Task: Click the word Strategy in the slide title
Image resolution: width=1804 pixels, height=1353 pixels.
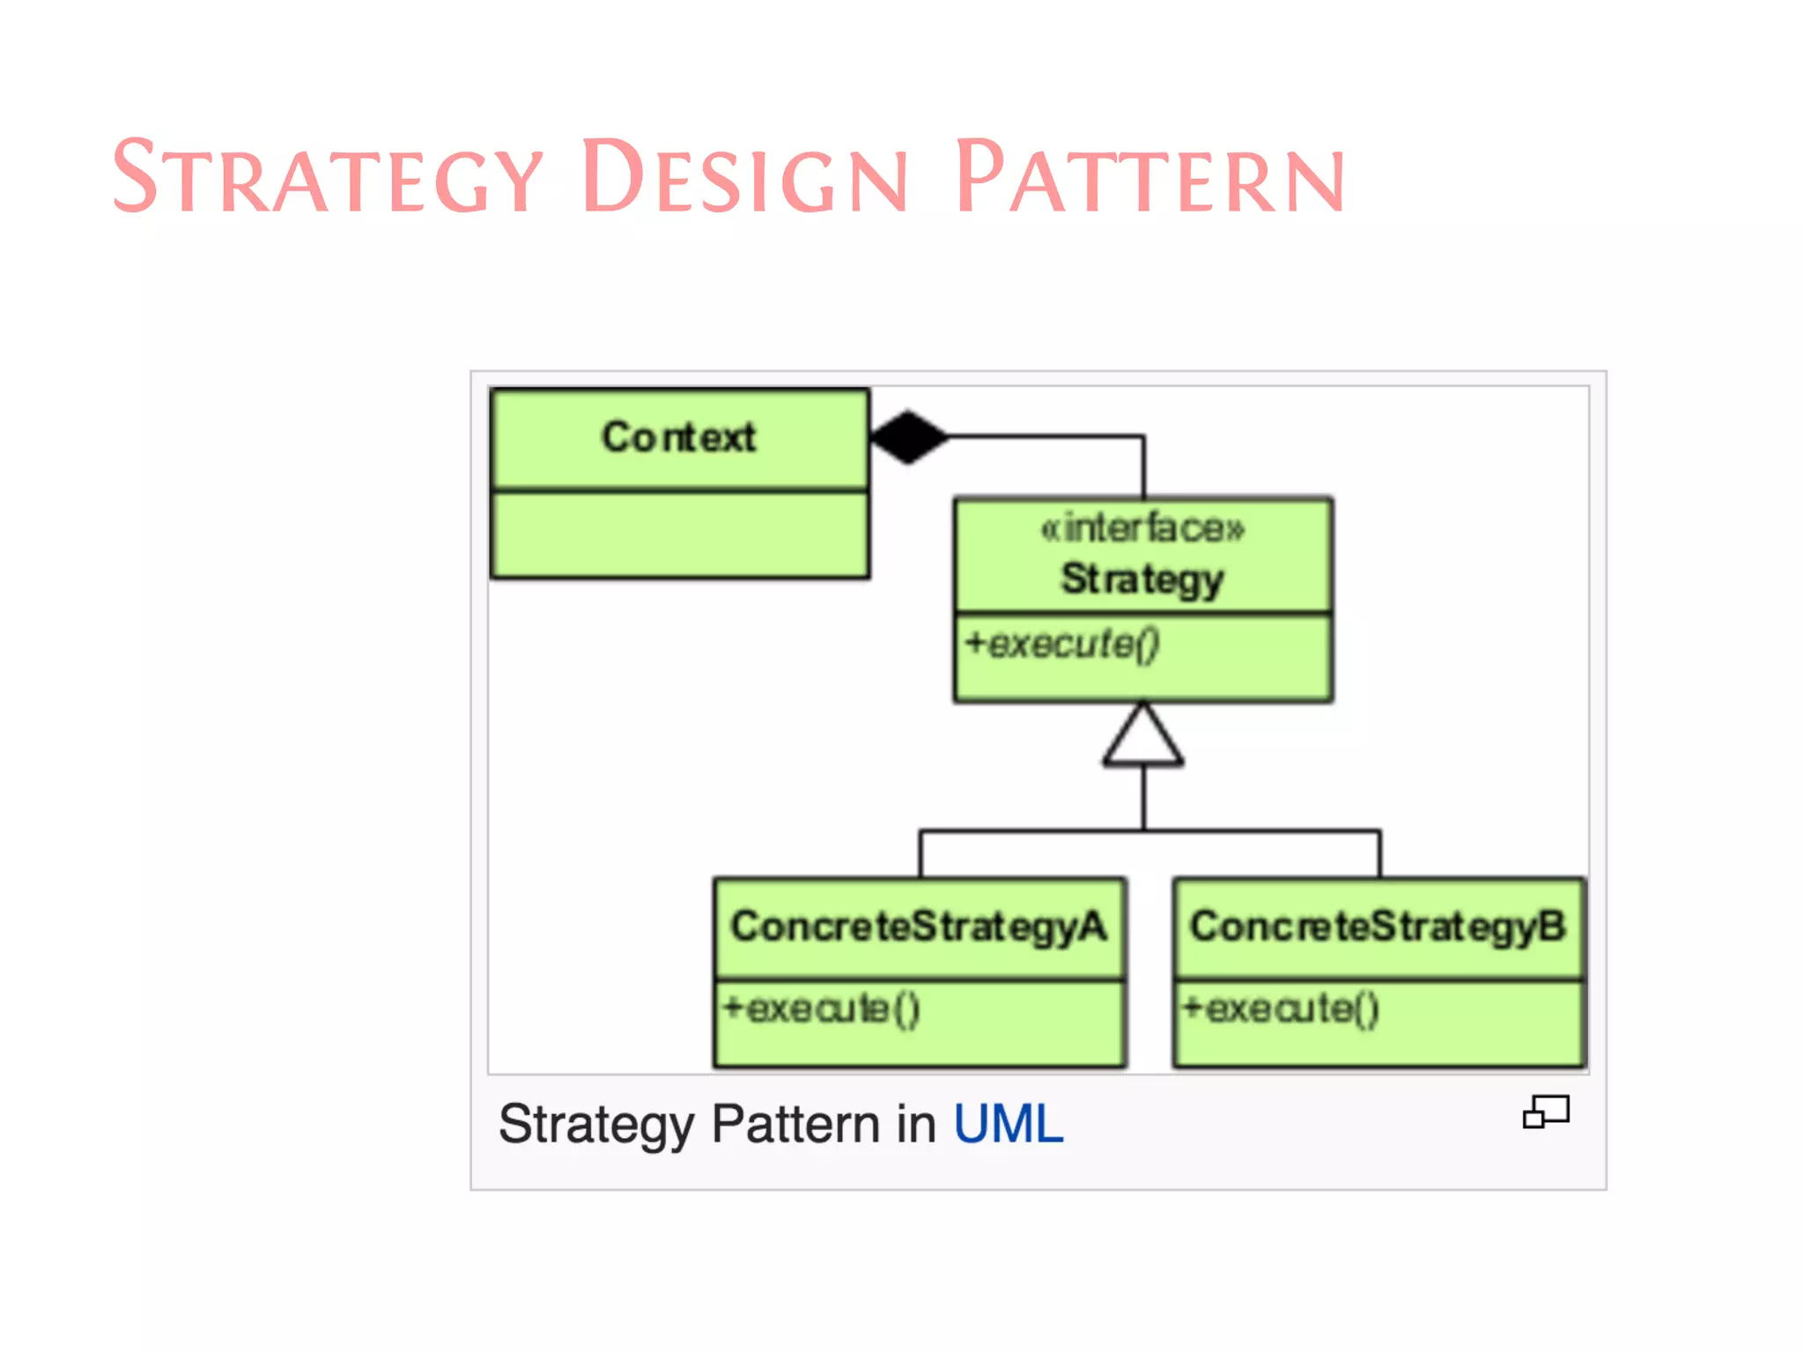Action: tap(328, 178)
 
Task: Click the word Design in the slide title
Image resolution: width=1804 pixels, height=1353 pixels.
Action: tap(744, 178)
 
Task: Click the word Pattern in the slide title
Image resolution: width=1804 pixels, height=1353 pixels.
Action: tap(1150, 178)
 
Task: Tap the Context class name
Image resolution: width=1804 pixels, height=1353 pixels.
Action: tap(678, 437)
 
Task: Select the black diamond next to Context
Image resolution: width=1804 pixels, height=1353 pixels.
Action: tap(908, 436)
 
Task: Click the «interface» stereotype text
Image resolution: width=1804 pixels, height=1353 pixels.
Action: tap(1142, 529)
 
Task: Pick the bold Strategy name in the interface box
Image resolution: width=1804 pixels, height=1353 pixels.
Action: tap(1142, 579)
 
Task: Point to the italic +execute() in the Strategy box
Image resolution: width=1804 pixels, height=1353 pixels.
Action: tap(1061, 644)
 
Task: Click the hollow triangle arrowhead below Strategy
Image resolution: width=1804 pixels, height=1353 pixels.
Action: tap(1143, 738)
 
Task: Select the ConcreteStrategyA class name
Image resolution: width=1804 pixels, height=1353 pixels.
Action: tap(919, 927)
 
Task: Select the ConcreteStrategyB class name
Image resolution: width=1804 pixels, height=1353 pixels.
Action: tap(1379, 927)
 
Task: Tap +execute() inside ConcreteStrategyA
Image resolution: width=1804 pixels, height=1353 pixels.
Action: tap(821, 1009)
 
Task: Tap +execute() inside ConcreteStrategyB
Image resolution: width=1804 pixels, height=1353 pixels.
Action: tap(1280, 1009)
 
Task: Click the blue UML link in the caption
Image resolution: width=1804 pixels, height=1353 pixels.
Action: tap(1009, 1125)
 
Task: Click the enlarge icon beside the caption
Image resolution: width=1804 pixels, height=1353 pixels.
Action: tap(1546, 1112)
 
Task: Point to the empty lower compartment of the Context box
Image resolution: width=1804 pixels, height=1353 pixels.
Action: tap(680, 535)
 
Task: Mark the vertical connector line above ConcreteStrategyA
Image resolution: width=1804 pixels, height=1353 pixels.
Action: tap(920, 854)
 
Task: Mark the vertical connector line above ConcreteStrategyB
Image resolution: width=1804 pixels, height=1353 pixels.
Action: tap(1379, 854)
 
